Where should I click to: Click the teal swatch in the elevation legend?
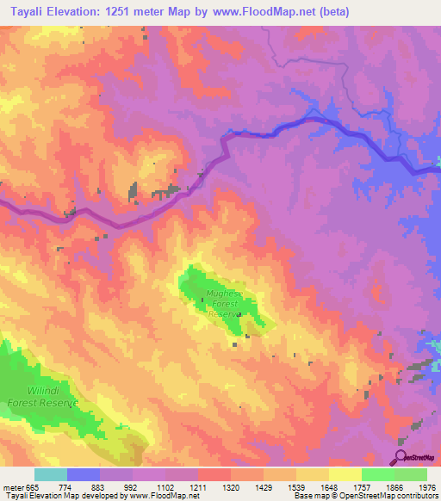coord(51,473)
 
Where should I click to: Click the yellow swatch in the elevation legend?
coord(345,473)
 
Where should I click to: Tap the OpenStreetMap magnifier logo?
coord(402,457)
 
